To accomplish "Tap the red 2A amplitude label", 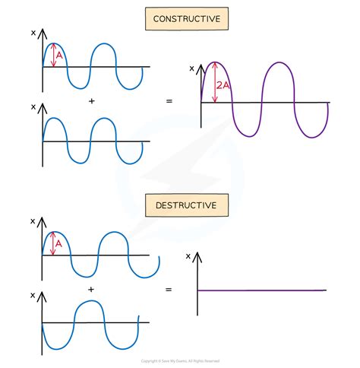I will (223, 86).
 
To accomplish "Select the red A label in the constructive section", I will (59, 55).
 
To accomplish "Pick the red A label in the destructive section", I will (58, 243).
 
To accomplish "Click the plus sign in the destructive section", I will (91, 290).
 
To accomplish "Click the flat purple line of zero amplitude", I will (262, 290).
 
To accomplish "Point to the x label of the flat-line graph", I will (188, 255).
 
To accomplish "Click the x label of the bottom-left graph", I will (33, 293).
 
